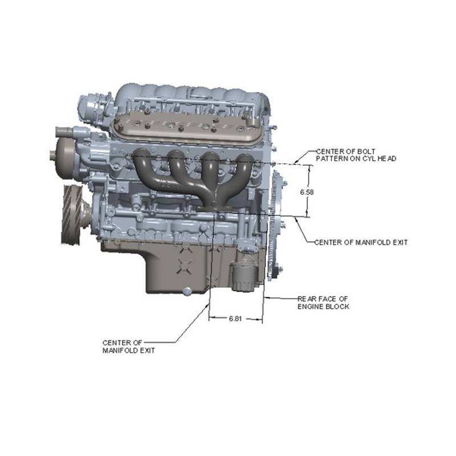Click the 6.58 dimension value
307,192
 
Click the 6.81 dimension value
235,319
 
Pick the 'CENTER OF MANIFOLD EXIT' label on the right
361,242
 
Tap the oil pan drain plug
188,291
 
